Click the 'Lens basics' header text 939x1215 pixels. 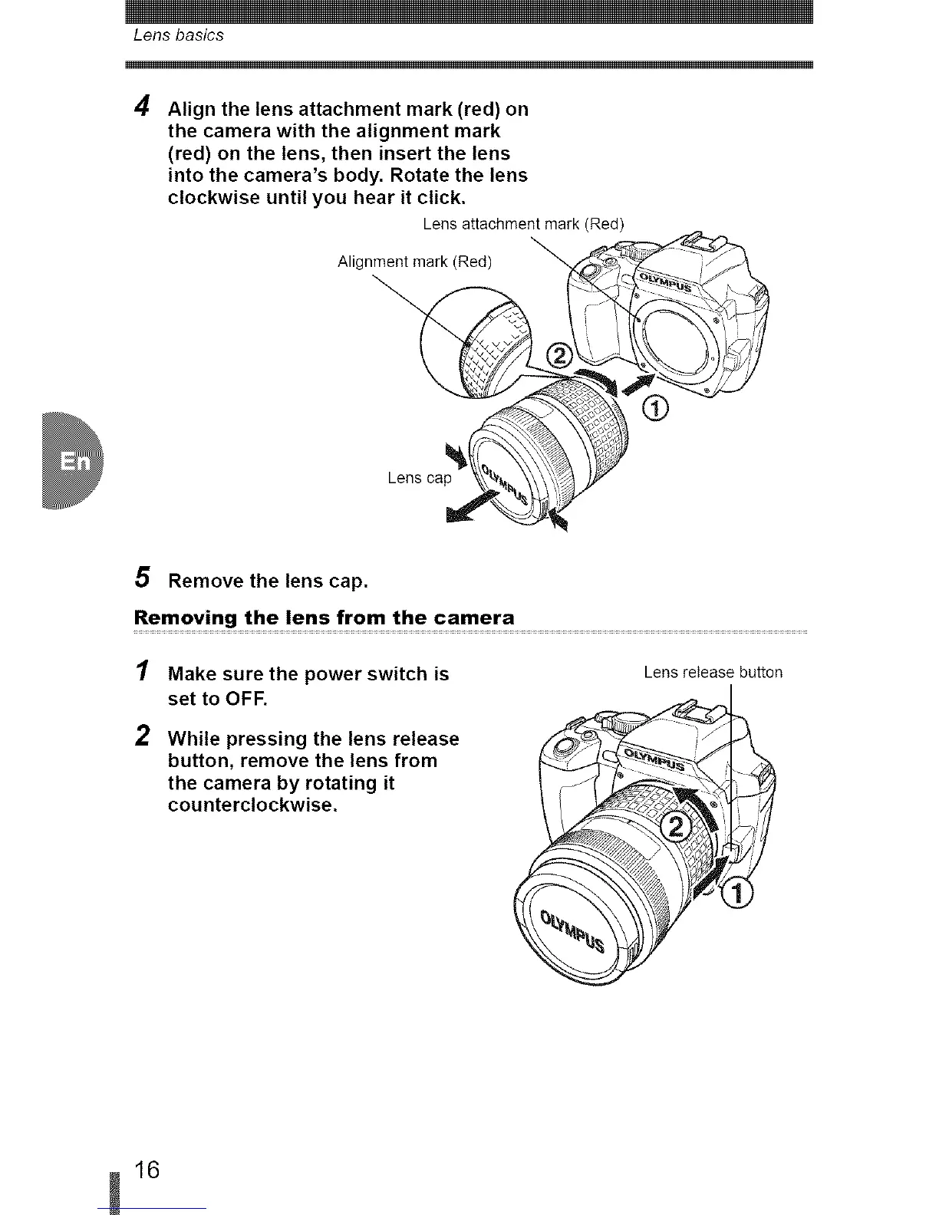coord(178,35)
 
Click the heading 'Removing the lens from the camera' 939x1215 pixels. coord(324,617)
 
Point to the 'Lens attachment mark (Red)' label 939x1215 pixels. coord(524,224)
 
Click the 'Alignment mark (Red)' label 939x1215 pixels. coord(414,262)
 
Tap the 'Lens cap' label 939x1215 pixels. coord(420,478)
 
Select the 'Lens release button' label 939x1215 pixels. coord(713,673)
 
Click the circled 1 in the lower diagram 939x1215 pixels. coord(739,893)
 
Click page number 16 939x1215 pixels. coord(147,1170)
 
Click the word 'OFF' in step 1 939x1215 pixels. coord(245,699)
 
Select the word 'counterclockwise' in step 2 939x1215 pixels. coord(252,805)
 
